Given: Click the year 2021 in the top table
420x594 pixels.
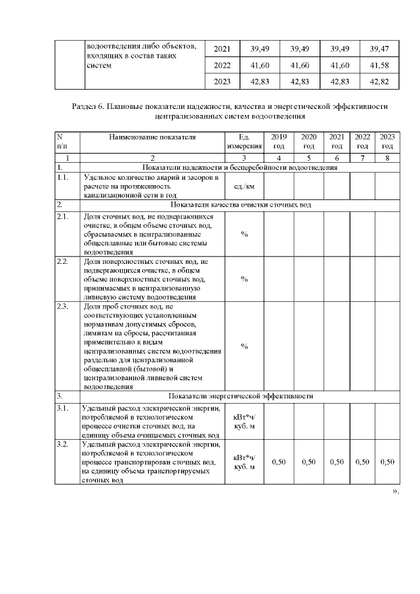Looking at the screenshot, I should pos(222,49).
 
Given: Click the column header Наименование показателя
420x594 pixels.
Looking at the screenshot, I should pos(152,137).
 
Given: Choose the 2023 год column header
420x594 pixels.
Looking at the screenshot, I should pos(387,141).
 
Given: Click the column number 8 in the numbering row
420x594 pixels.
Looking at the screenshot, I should pos(387,158).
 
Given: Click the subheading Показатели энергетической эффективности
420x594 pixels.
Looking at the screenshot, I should pos(241,396).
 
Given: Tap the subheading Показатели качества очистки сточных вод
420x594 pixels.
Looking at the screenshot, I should pos(240,205).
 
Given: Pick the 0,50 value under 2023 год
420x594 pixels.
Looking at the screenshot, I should pos(387,462).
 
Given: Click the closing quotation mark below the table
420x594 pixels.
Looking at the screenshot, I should pos(395,490).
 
